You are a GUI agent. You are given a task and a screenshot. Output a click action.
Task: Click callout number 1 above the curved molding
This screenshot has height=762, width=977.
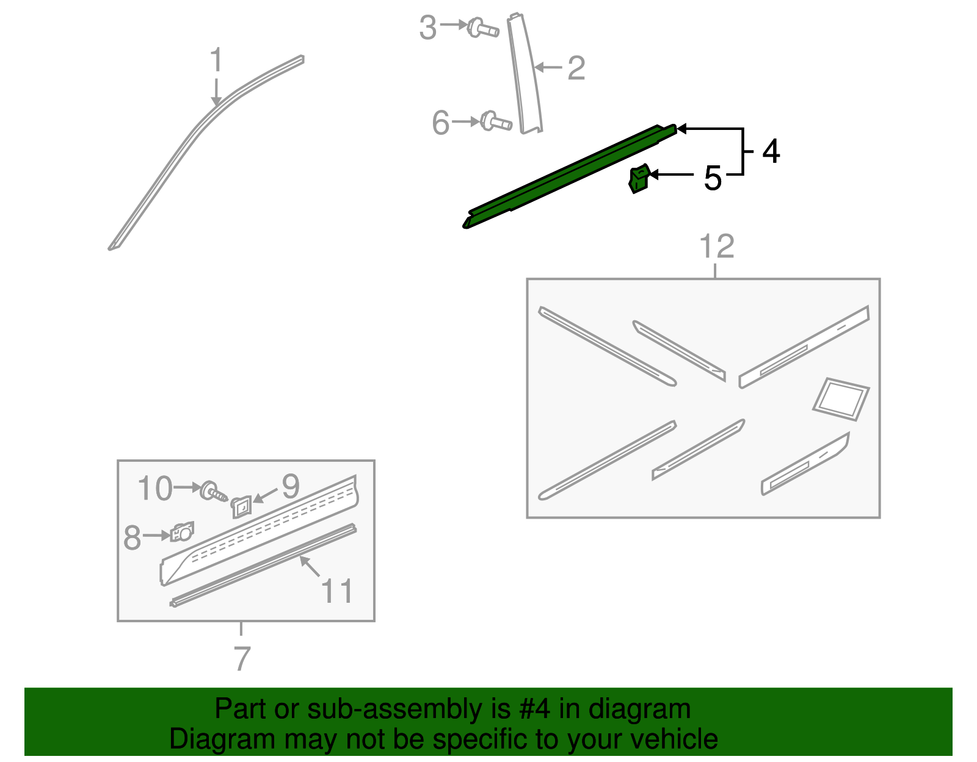[x=216, y=60]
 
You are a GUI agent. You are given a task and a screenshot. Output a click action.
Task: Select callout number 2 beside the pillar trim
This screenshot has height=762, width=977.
[x=576, y=68]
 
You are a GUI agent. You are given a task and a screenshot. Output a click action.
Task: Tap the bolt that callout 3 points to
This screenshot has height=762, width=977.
[x=483, y=28]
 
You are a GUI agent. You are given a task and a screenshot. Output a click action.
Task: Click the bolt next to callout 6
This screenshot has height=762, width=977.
[x=495, y=121]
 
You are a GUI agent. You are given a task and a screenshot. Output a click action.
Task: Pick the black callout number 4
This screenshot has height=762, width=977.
[x=771, y=151]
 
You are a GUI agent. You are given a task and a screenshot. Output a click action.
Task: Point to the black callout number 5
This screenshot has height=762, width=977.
[x=712, y=178]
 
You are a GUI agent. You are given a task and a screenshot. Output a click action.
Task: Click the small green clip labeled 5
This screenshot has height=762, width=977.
[x=639, y=178]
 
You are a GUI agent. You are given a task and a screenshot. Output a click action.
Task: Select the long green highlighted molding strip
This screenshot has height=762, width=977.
[x=569, y=176]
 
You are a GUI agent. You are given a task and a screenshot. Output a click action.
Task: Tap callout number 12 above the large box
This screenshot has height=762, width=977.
[x=717, y=246]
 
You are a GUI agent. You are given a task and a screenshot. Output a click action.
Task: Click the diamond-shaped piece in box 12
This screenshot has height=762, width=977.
[x=841, y=399]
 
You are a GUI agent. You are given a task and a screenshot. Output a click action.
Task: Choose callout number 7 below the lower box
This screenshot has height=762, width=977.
[x=242, y=658]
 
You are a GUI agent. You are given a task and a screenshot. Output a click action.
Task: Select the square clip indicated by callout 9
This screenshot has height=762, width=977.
[x=241, y=507]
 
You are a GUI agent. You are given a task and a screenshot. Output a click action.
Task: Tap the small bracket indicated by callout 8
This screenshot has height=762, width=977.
[x=182, y=532]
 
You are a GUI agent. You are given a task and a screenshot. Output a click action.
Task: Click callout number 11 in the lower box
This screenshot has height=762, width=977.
[x=337, y=591]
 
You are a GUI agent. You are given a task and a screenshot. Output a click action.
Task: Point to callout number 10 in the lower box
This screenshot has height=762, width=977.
[x=154, y=489]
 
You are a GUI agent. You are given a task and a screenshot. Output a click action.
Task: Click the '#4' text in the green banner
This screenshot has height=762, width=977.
[x=534, y=708]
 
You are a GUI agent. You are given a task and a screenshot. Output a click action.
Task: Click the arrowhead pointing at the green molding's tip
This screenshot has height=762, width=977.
[x=681, y=129]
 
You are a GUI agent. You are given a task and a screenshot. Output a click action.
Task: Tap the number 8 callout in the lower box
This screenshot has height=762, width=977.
[x=132, y=537]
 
